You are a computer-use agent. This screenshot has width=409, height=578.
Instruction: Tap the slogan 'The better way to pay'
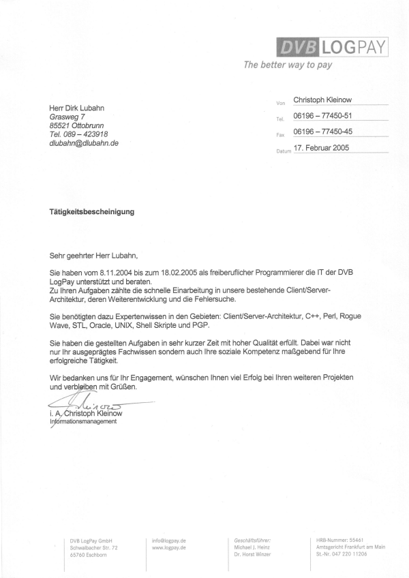pos(288,65)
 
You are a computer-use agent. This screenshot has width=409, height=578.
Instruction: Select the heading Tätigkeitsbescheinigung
pos(91,211)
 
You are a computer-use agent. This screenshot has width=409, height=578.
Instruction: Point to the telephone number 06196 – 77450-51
pos(323,115)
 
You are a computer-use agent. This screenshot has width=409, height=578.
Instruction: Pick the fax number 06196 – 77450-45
pos(323,132)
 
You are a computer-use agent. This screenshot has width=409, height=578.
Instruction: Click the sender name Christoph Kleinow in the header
pos(327,100)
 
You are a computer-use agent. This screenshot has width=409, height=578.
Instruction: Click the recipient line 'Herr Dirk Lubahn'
pos(77,108)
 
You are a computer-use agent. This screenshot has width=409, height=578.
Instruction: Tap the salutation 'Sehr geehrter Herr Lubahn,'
pos(93,256)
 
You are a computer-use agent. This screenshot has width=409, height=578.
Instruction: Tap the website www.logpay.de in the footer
pos(170,547)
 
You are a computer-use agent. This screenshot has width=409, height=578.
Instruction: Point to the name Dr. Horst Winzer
pos(252,554)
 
